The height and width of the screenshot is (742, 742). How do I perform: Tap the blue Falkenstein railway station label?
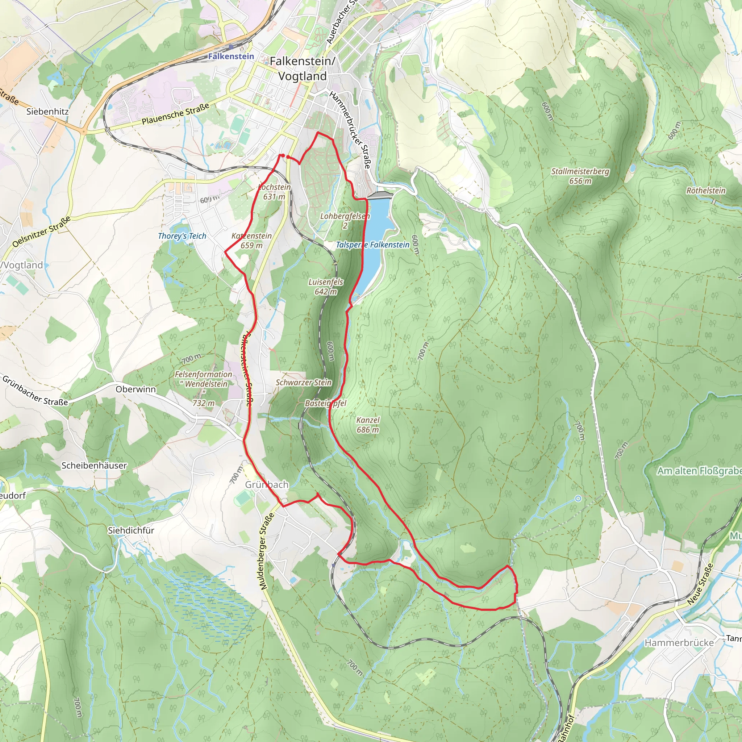(x=231, y=57)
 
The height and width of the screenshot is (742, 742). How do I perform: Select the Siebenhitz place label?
(x=47, y=111)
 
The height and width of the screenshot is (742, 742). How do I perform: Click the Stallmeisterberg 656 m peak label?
(x=580, y=176)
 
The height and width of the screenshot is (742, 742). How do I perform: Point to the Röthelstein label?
(x=706, y=191)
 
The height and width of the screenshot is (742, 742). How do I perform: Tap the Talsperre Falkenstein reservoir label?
(x=372, y=245)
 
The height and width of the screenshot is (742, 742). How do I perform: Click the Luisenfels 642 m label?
(x=326, y=287)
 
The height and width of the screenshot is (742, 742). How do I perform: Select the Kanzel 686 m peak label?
(x=367, y=425)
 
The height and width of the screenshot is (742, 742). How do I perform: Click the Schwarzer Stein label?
(x=303, y=382)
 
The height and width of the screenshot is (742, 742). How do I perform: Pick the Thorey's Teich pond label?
(x=182, y=236)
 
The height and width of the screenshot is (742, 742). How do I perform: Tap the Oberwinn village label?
(x=136, y=389)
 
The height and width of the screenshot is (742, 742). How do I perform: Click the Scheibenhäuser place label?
(x=94, y=466)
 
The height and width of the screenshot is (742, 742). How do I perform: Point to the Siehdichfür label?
(x=131, y=530)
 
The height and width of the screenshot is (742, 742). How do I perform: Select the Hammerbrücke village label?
(x=679, y=642)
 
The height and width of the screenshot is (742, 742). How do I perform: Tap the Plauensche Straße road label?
(x=175, y=114)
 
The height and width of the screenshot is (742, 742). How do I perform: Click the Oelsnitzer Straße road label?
(x=41, y=232)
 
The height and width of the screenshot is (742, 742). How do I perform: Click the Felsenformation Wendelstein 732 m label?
(x=204, y=388)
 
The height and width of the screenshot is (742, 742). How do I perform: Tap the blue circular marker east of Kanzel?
(x=578, y=499)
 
